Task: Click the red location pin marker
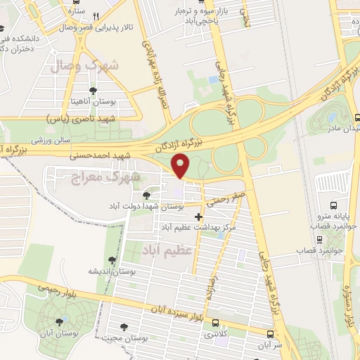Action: point(181,166)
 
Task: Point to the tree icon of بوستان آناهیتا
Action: point(93,90)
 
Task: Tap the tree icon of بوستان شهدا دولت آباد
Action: point(146,195)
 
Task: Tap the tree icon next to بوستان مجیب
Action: point(124,326)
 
